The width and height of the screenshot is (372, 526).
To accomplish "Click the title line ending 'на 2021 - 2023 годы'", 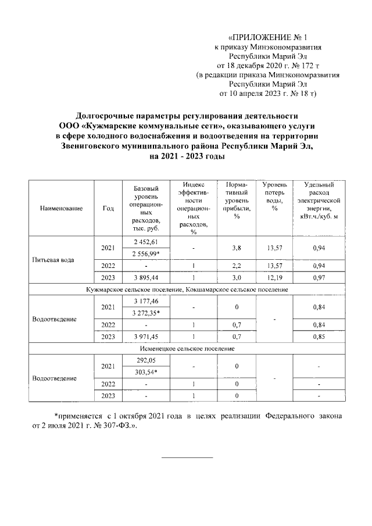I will [187, 157].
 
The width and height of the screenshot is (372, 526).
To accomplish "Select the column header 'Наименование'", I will [62, 208].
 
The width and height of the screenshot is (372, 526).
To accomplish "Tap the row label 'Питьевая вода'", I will [53, 259].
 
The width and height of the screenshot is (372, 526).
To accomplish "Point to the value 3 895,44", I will [142, 277].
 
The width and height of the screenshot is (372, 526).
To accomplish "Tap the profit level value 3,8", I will [236, 248].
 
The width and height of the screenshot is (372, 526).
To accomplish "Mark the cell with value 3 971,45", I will [142, 337].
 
